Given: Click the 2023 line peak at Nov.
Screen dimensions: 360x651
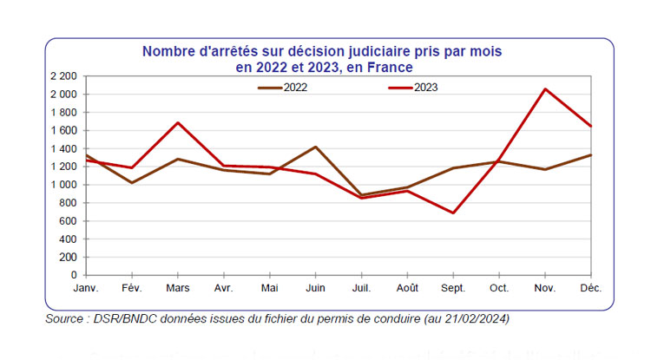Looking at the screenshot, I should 543,88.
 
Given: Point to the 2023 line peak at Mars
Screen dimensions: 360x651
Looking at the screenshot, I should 178,122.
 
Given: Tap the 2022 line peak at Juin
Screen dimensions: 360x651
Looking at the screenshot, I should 315,147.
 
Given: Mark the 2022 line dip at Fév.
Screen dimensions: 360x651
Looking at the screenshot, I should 131,182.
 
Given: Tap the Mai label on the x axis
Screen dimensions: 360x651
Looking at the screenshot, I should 269,286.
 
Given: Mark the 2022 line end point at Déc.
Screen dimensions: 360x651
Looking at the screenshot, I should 590,155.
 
